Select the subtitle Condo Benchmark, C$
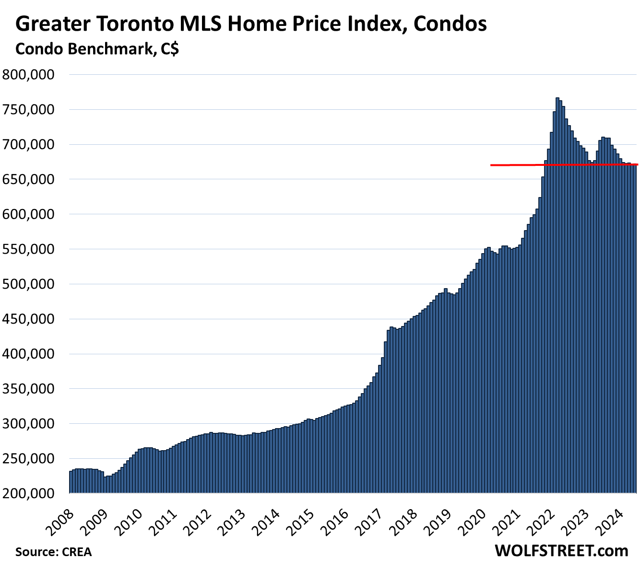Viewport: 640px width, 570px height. tap(97, 48)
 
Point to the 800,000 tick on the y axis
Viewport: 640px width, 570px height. tap(29, 75)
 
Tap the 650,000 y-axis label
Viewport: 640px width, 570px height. tap(29, 179)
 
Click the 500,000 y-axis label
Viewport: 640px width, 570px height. tap(29, 284)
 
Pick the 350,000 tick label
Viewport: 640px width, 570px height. tap(29, 389)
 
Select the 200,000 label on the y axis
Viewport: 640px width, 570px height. tap(29, 493)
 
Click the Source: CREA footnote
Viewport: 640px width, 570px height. tap(53, 552)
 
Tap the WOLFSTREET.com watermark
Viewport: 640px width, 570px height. tap(561, 551)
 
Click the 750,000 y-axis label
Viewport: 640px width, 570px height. tap(29, 110)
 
